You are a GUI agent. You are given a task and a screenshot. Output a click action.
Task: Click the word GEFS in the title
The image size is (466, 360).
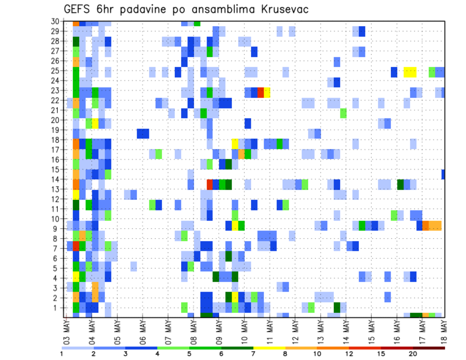tap(79, 9)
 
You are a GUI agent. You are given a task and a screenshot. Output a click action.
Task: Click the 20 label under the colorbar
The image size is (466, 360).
tap(413, 354)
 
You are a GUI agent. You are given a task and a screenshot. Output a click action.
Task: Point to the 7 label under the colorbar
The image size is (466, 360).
tap(253, 354)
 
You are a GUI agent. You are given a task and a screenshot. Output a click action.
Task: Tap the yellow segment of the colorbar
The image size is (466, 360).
tap(269, 347)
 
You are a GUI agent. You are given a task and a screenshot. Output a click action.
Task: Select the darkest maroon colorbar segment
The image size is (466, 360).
tap(429, 347)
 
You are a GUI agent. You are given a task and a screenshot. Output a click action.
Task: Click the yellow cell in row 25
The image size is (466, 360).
tap(410, 72)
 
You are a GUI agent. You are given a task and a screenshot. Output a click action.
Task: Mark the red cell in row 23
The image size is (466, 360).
tap(261, 92)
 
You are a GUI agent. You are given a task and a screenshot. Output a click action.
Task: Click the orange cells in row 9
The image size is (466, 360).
tap(432, 226)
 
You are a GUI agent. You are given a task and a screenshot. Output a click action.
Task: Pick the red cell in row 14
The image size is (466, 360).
tap(210, 184)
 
